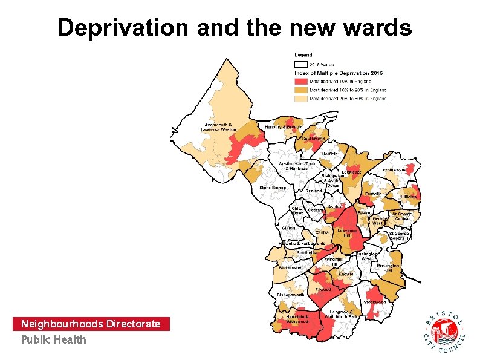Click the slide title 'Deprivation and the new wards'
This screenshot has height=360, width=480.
click(235, 28)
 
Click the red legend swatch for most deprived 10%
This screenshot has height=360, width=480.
click(300, 81)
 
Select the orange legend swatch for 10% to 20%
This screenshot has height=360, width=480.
click(300, 90)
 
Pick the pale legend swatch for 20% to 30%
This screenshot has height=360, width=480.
click(300, 98)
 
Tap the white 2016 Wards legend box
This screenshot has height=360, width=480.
click(300, 64)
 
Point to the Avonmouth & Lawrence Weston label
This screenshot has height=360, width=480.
click(219, 127)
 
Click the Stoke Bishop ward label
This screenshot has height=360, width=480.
click(272, 188)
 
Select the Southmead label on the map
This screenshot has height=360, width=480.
click(313, 139)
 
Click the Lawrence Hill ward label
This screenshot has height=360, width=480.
click(347, 232)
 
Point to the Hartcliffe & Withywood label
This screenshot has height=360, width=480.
click(297, 319)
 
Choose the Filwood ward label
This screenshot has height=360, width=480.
click(323, 289)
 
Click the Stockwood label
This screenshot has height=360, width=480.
click(374, 302)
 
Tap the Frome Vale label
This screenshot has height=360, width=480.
click(395, 171)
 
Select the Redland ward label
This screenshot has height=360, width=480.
click(313, 191)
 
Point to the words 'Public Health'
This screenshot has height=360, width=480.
click(54, 339)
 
